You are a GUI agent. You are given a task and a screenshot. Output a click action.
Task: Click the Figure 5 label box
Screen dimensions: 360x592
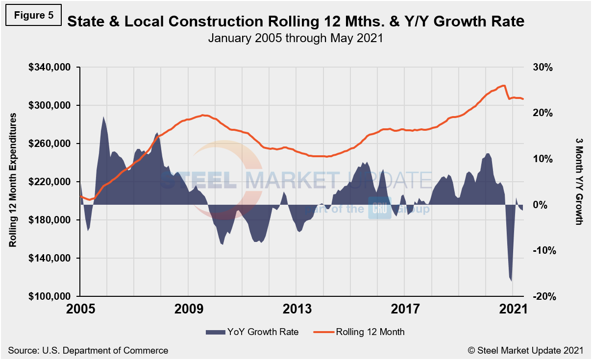point(34,15)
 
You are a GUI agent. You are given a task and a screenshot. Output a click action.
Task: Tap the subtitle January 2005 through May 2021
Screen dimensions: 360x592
point(295,38)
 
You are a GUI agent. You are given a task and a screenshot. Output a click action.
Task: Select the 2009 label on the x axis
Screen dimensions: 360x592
point(189,310)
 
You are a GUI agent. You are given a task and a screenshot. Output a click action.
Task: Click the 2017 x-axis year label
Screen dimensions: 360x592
point(405,310)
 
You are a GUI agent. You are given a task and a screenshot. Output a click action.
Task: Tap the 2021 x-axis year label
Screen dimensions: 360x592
point(512,310)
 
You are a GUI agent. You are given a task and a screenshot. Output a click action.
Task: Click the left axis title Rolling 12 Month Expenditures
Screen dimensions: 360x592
point(13,180)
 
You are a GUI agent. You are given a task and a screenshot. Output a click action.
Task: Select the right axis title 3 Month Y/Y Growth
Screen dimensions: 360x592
point(579,180)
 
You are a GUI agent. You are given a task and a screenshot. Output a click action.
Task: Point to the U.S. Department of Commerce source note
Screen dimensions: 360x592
point(88,350)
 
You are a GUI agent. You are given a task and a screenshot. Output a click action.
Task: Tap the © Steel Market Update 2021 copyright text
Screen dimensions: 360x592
point(525,350)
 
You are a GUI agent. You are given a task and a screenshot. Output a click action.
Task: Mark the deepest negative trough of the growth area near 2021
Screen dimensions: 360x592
point(512,281)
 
